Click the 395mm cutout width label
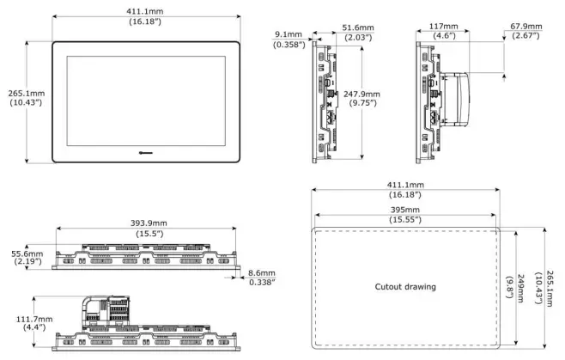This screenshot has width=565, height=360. pyautogui.click(x=403, y=210)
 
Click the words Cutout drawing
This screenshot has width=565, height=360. pyautogui.click(x=404, y=286)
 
